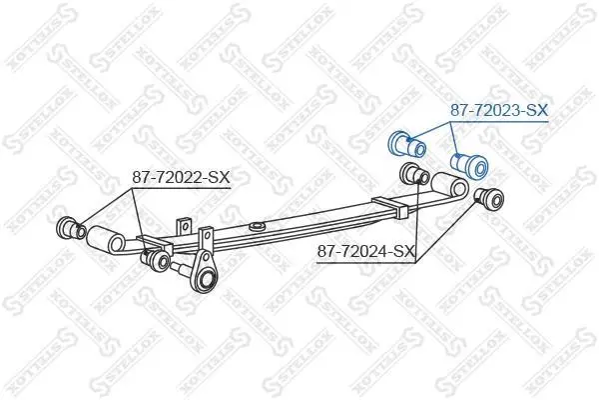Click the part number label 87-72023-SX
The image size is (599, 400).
click(497, 112)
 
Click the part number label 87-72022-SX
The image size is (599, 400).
click(181, 178)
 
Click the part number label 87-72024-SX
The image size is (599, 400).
click(365, 250)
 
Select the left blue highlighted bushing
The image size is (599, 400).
click(407, 142)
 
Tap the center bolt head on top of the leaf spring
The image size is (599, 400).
click(259, 223)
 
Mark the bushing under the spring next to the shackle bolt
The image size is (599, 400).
click(157, 260)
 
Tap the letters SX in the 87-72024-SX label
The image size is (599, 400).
click(402, 250)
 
